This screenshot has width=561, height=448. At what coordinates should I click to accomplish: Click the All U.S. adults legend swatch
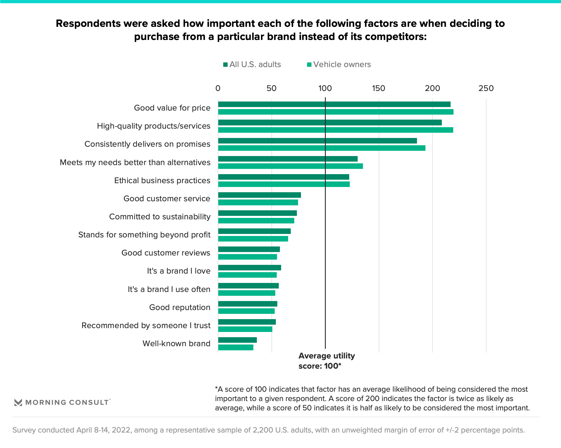(x=225, y=65)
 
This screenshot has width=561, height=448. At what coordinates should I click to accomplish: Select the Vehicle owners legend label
(x=342, y=64)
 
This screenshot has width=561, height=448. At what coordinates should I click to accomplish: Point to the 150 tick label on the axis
(x=378, y=88)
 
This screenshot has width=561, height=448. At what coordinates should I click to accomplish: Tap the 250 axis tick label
(x=486, y=88)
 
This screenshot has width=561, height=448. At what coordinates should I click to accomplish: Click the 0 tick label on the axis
(x=218, y=88)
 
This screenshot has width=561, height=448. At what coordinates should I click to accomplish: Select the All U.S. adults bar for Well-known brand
(x=237, y=340)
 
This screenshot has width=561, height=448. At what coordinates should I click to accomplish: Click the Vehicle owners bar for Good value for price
(x=335, y=112)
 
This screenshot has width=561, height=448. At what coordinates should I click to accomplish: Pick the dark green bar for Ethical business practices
(x=283, y=177)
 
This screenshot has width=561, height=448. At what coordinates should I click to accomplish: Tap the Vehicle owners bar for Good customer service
(x=258, y=202)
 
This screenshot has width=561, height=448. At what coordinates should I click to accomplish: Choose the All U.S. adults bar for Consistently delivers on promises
(x=317, y=141)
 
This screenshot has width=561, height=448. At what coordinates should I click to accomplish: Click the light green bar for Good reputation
(x=246, y=311)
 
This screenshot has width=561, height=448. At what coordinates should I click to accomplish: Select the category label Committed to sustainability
(x=160, y=217)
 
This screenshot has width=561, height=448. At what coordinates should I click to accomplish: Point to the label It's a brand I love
(x=179, y=271)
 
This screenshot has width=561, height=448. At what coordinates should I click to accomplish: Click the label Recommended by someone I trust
(x=146, y=325)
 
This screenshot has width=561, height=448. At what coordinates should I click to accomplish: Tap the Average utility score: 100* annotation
(x=326, y=361)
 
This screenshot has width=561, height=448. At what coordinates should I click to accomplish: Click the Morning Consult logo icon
(x=18, y=402)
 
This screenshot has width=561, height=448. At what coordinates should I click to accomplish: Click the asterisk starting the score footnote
(x=217, y=389)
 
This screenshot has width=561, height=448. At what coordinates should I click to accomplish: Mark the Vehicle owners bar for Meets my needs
(x=290, y=166)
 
